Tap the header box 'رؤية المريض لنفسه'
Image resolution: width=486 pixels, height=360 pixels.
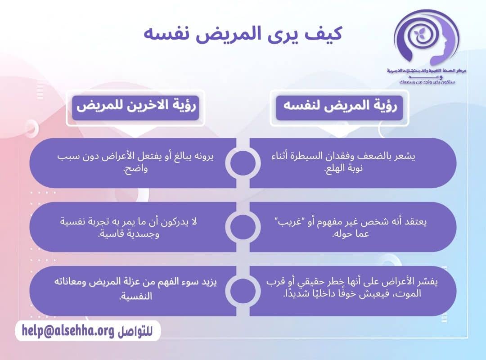coord(340,107)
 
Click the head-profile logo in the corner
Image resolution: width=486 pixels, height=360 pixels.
coord(425,38)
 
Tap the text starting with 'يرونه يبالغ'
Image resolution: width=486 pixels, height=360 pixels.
coord(135,162)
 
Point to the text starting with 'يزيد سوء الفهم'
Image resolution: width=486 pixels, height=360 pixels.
coord(135,290)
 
